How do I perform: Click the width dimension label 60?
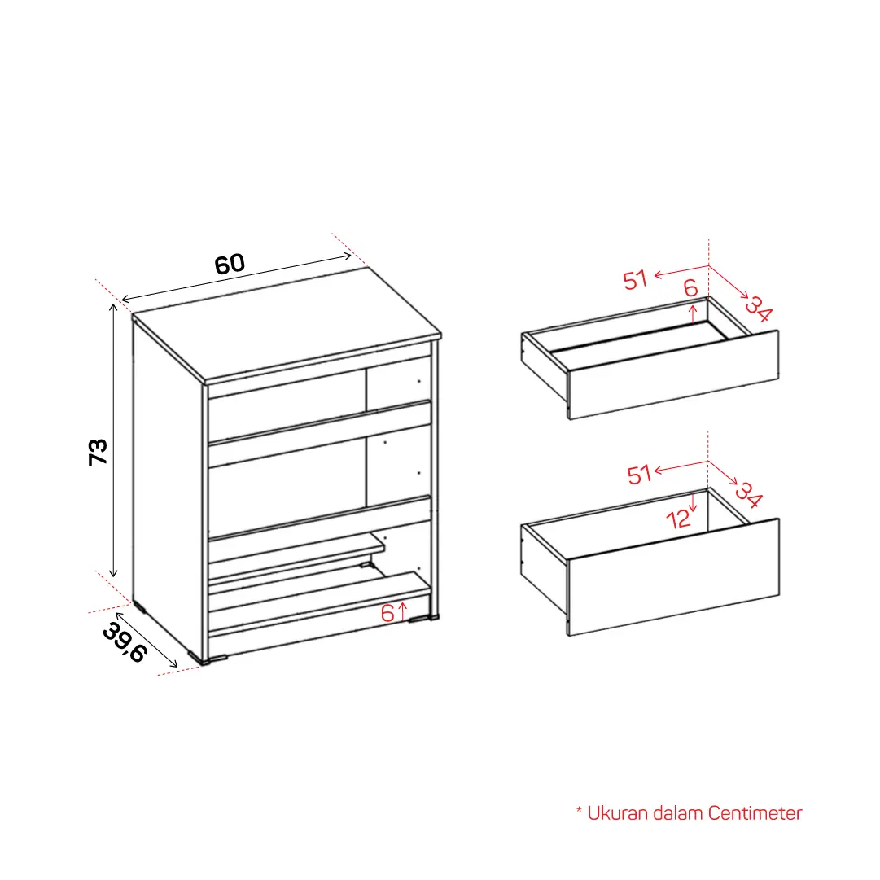click(x=230, y=265)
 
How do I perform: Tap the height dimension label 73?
click(x=99, y=452)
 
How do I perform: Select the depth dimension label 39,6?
click(x=125, y=642)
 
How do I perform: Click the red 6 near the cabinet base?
click(x=387, y=613)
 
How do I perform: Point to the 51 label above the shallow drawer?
click(x=636, y=279)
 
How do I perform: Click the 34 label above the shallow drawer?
click(x=758, y=309)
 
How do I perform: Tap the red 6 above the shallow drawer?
click(x=690, y=288)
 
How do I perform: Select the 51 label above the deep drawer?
click(x=639, y=475)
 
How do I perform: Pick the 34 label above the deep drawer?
click(x=749, y=494)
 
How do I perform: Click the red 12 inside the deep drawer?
click(x=678, y=519)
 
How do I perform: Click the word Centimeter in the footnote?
click(x=755, y=813)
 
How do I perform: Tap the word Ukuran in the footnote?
click(x=617, y=813)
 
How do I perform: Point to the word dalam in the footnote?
click(x=677, y=813)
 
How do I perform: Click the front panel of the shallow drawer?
click(x=673, y=375)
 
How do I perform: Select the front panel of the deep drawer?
click(x=673, y=577)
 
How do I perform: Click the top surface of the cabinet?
click(x=287, y=324)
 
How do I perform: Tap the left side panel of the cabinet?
click(x=167, y=488)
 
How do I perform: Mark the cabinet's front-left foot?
click(x=208, y=659)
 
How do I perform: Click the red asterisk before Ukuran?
click(x=579, y=810)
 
